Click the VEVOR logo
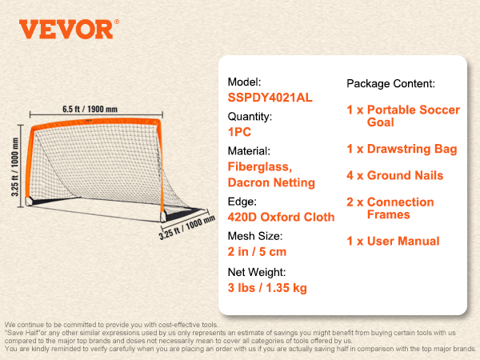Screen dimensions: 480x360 [x=69, y=29]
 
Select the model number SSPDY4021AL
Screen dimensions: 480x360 [x=270, y=98]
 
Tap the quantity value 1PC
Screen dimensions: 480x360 [x=239, y=132]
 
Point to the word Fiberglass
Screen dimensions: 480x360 [x=259, y=167]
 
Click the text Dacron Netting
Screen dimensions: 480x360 [x=271, y=182]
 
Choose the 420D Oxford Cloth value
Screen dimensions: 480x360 [x=281, y=217]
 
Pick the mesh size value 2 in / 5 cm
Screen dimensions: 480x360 [x=257, y=252]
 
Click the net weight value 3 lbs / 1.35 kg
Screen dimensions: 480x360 [x=267, y=288]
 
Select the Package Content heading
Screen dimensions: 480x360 [x=390, y=83]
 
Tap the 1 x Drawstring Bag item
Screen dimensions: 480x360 [x=402, y=149]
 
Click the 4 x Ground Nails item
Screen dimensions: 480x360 [x=395, y=175]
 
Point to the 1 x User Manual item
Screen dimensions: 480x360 [x=393, y=242]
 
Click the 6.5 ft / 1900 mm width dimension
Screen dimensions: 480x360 [x=90, y=110]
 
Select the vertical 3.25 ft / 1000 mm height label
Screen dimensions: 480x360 [x=14, y=167]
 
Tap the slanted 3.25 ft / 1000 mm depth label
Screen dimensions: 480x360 [x=186, y=227]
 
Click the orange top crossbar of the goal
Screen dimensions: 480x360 [x=96, y=122]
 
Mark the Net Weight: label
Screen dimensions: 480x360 [x=257, y=272]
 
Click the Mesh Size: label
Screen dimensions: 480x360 [x=255, y=236]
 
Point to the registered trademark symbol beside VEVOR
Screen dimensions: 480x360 [x=117, y=22]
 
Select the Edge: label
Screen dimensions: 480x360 [x=242, y=202]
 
